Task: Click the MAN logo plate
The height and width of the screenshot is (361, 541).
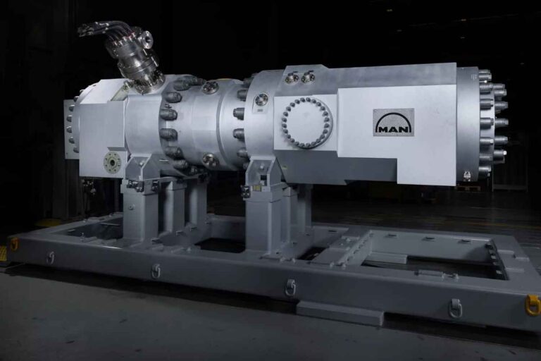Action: [394, 122]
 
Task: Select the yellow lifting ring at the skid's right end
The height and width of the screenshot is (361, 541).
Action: [534, 305]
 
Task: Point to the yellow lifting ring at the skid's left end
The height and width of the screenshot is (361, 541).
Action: [14, 244]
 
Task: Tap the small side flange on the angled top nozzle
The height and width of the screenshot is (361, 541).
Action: [147, 39]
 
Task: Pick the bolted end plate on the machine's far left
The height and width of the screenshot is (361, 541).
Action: [71, 128]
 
